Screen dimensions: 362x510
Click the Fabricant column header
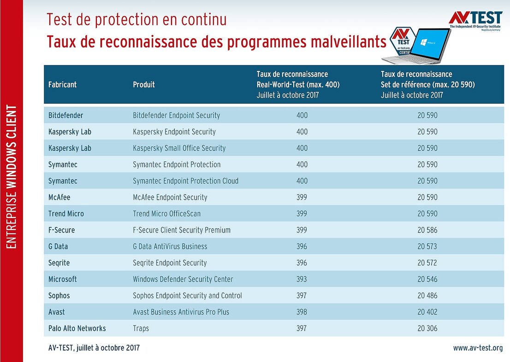tap(62, 84)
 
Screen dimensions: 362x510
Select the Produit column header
tap(144, 84)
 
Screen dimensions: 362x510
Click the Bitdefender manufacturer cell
tap(65, 115)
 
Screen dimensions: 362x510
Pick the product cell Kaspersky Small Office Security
tap(179, 148)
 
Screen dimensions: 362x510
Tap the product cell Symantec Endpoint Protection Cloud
tap(185, 181)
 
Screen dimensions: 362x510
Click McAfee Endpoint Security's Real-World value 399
tap(302, 197)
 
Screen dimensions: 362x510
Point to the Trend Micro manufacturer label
tap(66, 214)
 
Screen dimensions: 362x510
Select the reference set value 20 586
tap(427, 230)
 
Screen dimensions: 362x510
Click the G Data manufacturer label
tap(58, 246)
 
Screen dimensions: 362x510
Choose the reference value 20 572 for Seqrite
tap(427, 263)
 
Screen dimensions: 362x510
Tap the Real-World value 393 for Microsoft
tap(302, 279)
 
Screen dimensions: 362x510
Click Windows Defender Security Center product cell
tap(183, 279)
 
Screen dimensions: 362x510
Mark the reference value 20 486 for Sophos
tap(427, 296)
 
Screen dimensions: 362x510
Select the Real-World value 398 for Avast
tap(302, 312)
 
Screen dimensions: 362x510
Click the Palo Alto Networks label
tap(77, 328)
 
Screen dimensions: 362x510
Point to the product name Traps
tap(141, 328)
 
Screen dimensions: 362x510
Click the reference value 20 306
tap(427, 328)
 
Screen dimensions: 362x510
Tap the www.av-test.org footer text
tap(478, 348)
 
